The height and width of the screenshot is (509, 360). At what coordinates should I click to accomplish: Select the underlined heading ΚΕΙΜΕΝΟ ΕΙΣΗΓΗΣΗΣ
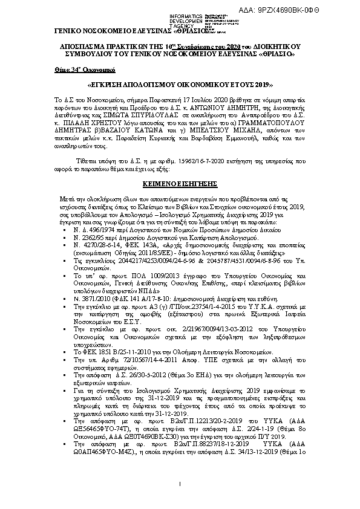point(180,181)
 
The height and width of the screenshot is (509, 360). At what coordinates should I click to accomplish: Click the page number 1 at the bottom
point(180,485)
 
